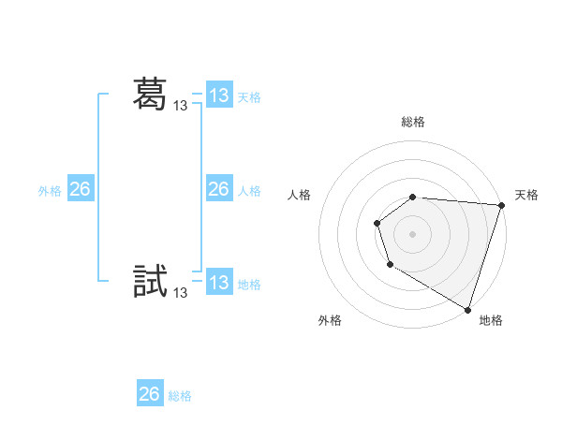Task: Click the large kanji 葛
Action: pos(150,94)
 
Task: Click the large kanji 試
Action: pos(150,282)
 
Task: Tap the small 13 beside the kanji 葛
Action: pos(181,107)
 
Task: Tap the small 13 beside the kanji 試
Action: pos(181,293)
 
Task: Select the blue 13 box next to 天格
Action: pos(219,95)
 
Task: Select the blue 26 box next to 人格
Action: pos(219,189)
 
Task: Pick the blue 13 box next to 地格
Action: pos(219,283)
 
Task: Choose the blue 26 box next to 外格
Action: pos(80,189)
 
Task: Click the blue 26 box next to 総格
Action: pos(150,394)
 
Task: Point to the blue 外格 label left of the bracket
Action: pos(50,191)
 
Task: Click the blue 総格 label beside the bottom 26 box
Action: pos(180,396)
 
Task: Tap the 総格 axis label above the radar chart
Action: pos(413,123)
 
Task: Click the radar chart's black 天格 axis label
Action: pos(527,195)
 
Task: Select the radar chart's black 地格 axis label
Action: pos(491,321)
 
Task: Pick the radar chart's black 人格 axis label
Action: pos(300,195)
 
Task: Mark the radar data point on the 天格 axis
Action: pos(501,205)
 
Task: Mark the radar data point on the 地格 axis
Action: pos(467,308)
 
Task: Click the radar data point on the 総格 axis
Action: pos(413,197)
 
